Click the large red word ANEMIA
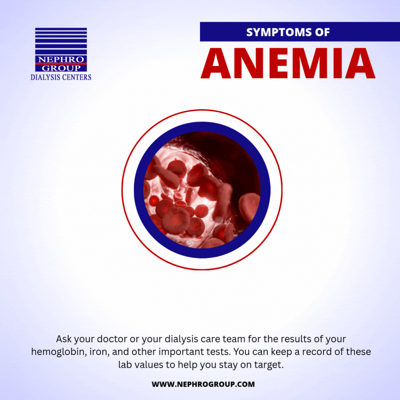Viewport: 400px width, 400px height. click(288, 63)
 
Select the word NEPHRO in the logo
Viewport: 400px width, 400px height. click(61, 59)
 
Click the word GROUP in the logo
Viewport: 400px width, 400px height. click(61, 68)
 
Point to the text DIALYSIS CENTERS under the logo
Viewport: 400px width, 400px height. click(61, 77)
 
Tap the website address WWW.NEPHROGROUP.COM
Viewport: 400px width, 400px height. click(203, 384)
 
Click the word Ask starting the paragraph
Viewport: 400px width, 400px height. click(63, 339)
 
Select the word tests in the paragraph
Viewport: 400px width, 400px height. click(219, 352)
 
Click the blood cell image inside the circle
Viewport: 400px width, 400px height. click(202, 190)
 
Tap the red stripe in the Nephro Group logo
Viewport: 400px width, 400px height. click(61, 64)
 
